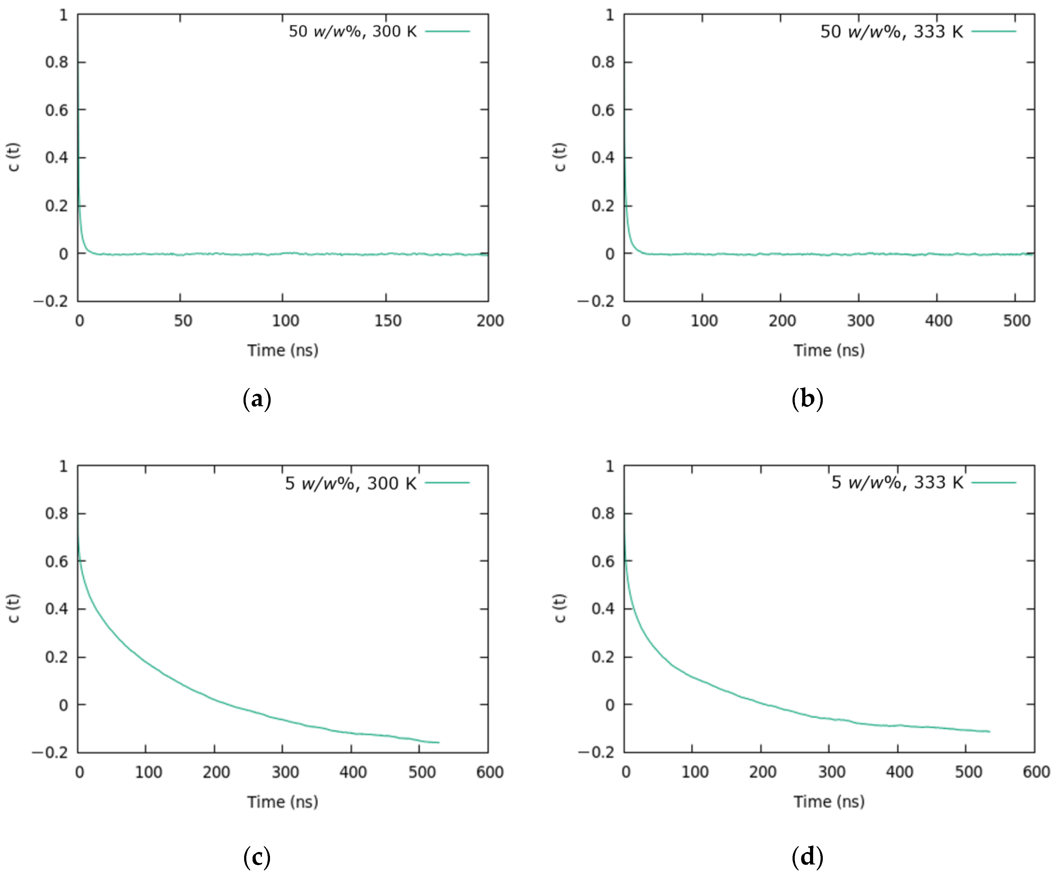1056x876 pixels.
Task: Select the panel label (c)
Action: coord(257,857)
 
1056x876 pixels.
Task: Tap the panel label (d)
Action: coord(807,857)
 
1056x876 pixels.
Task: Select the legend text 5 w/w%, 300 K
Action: coord(350,483)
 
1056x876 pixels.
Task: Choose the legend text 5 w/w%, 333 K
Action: coord(897,483)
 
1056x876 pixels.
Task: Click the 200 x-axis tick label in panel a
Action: coord(490,321)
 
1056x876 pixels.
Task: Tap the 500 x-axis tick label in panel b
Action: coord(1016,321)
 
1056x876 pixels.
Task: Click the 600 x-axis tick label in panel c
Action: coord(490,772)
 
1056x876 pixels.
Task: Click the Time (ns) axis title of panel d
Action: coord(829,801)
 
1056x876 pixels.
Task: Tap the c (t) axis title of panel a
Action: coord(14,157)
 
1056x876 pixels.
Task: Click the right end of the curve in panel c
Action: coord(438,742)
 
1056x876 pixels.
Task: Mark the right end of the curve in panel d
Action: coord(989,731)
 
